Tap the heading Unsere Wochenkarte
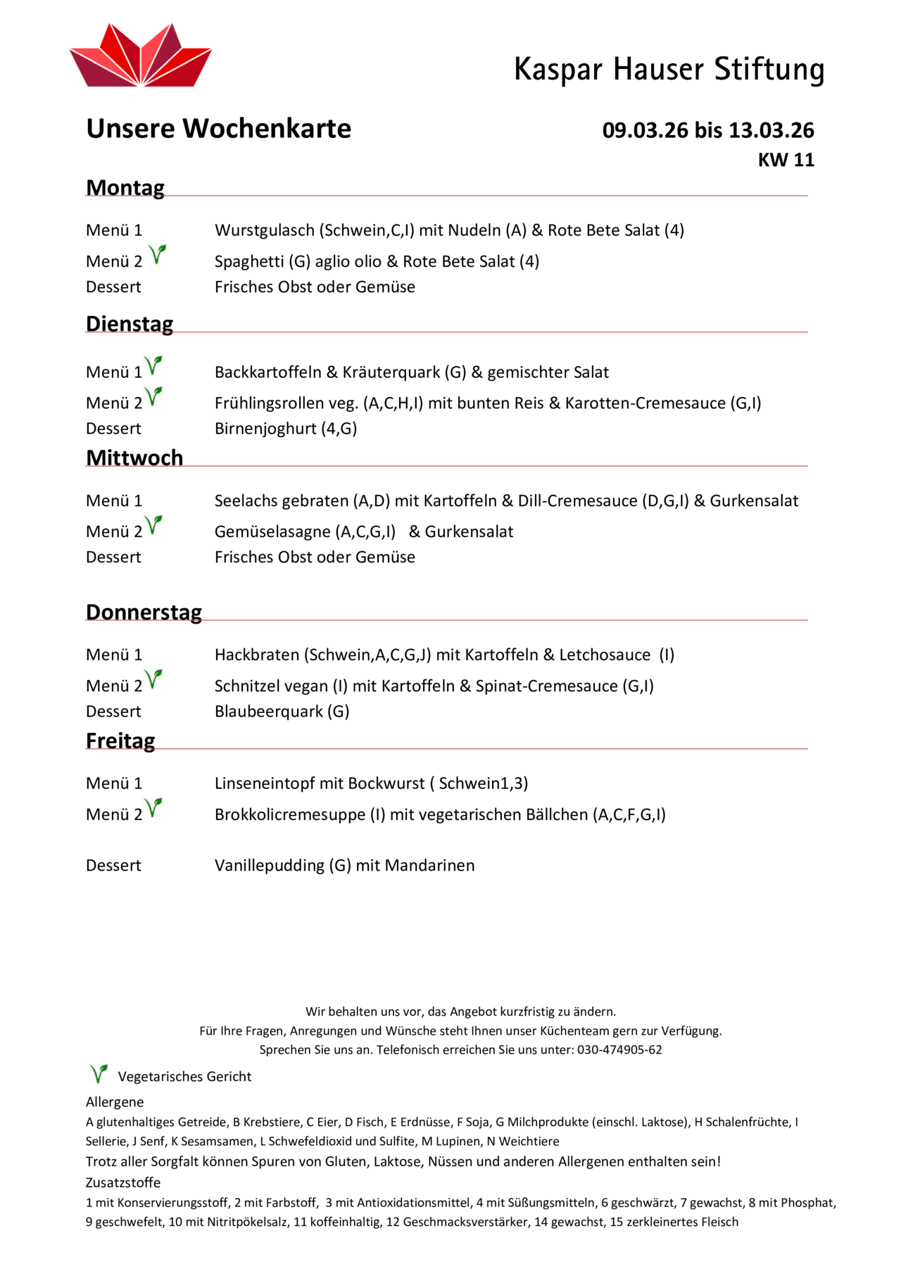[218, 129]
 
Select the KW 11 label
[786, 160]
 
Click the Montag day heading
[125, 188]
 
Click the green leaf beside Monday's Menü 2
[158, 254]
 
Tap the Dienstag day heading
[130, 324]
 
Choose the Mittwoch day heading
[134, 458]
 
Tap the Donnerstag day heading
[144, 612]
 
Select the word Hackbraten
[256, 655]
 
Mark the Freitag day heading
[120, 741]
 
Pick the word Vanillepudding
[269, 866]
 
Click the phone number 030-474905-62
[619, 1050]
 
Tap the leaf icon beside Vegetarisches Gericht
[99, 1074]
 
